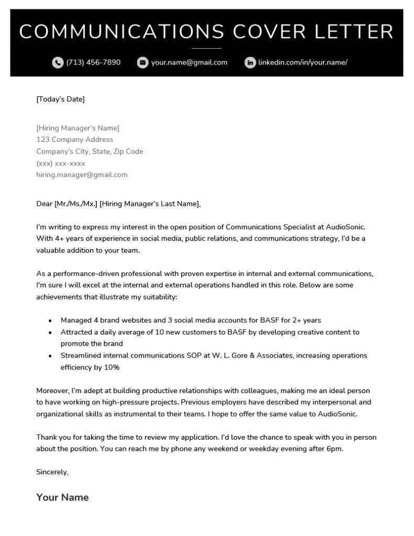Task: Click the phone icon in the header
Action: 58,63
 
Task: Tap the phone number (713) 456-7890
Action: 93,62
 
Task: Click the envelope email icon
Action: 142,63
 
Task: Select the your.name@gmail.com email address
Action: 189,62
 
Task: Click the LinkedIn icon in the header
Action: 250,63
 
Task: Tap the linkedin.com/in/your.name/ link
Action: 303,62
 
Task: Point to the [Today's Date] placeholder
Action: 60,99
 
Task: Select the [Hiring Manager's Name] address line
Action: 77,128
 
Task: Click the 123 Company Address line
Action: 74,140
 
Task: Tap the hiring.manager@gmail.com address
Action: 82,175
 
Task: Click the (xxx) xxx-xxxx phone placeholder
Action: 61,163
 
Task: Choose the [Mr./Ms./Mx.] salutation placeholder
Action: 75,204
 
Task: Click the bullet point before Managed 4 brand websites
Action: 50,320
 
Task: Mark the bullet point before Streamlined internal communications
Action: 50,356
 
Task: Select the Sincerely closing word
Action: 52,472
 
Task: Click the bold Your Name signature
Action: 62,497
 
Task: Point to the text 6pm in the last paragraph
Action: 334,449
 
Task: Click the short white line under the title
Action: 207,48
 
